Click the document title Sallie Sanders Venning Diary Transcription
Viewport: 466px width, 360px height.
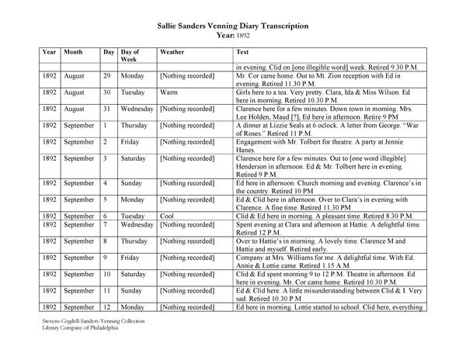[233, 25]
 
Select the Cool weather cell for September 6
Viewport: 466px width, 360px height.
[166, 216]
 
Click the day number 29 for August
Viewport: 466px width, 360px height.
[109, 77]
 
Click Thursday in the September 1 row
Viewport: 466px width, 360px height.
[134, 125]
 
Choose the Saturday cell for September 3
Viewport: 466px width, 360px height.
[135, 158]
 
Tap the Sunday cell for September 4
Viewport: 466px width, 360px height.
[133, 184]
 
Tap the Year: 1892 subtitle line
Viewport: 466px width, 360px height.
[232, 35]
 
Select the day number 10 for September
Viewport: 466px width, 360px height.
[109, 274]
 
